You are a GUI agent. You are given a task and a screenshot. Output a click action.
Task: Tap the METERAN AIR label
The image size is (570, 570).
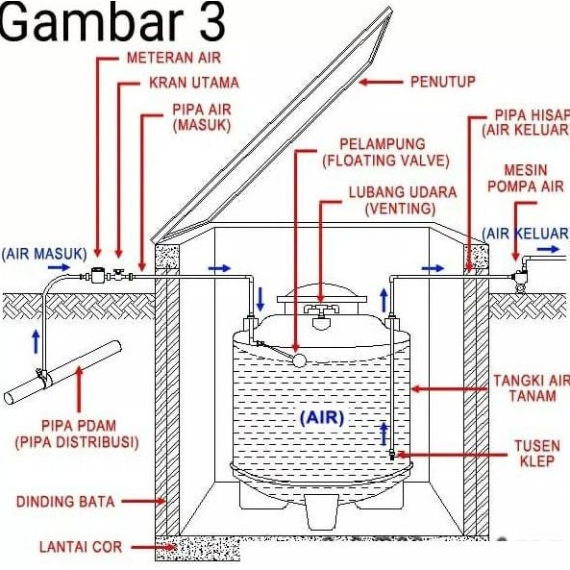click(173, 59)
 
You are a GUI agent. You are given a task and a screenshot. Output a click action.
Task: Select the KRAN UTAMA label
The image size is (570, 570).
click(193, 83)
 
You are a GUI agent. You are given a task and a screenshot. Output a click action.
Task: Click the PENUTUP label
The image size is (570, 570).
click(442, 81)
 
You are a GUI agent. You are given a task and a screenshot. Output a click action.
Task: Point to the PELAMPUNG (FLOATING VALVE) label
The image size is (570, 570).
click(386, 151)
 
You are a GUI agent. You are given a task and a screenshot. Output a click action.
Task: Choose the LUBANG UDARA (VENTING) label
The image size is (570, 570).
click(391, 199)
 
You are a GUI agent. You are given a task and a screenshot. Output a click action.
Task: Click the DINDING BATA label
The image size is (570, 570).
click(65, 502)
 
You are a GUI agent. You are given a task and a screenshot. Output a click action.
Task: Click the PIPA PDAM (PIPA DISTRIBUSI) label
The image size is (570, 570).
click(77, 434)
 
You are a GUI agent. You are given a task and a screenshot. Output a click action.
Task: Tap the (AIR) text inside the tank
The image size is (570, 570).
click(321, 418)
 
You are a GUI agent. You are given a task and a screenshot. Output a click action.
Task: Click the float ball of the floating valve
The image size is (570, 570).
click(299, 359)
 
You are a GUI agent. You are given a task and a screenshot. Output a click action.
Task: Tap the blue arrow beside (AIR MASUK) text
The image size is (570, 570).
click(60, 268)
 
